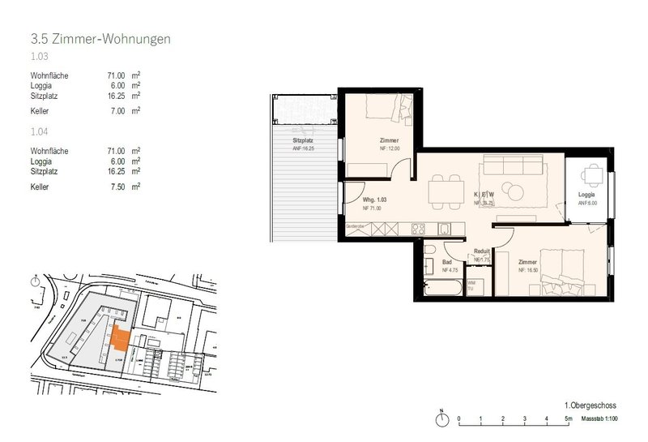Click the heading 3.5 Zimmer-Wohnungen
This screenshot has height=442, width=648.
pyautogui.click(x=100, y=38)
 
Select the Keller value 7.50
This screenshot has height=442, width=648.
pyautogui.click(x=117, y=186)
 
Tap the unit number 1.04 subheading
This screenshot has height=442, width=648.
pyautogui.click(x=39, y=131)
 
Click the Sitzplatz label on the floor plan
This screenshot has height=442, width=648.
pyautogui.click(x=305, y=140)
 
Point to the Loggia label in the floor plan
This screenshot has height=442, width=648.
pyautogui.click(x=587, y=196)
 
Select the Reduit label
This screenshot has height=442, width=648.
pyautogui.click(x=484, y=251)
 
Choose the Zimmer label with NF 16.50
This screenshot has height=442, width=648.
pyautogui.click(x=528, y=264)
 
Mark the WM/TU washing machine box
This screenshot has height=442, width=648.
pyautogui.click(x=474, y=285)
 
